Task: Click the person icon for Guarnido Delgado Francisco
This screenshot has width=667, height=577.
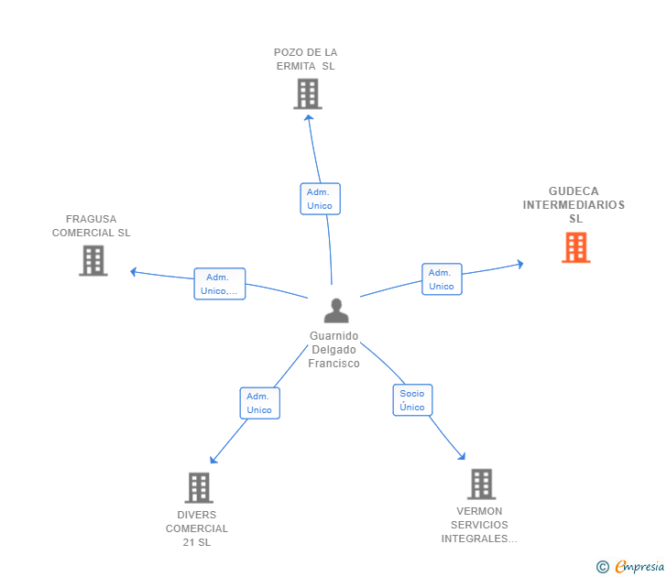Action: coord(336,310)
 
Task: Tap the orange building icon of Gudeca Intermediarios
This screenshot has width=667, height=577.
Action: coord(575,247)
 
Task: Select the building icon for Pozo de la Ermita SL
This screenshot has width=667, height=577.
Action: coord(307,93)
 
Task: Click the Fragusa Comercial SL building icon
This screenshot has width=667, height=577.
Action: coord(93,260)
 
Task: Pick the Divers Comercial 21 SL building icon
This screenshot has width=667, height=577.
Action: coord(198,487)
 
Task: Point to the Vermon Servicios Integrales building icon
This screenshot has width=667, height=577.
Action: coord(481,484)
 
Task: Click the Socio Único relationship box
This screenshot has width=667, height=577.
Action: coord(412,400)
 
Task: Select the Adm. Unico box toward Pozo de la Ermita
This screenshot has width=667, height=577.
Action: coord(320,199)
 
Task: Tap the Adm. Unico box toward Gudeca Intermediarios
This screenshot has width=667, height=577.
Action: coord(442,279)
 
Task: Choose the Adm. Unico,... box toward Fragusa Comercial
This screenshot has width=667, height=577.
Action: coord(220,284)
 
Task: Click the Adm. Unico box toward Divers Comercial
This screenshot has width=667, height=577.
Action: coord(259,403)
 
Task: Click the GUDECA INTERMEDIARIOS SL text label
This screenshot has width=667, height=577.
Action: coord(574,205)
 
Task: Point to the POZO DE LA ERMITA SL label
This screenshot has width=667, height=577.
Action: coord(306,60)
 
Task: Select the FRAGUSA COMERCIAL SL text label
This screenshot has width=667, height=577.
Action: coord(92,226)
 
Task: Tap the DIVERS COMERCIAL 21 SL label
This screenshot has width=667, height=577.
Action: coord(197,528)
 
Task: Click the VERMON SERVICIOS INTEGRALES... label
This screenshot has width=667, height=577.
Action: coord(479,525)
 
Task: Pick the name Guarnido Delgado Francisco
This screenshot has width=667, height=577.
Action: coord(334,350)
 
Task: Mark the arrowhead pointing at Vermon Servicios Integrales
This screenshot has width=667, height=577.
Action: coord(463,456)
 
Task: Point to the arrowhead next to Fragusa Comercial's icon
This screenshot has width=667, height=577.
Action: coord(134,271)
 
